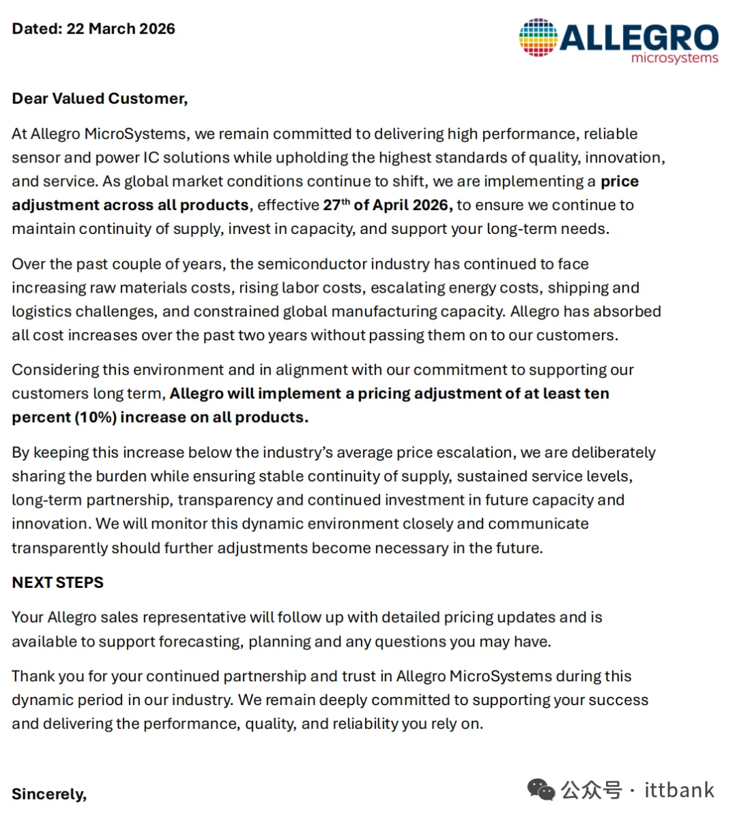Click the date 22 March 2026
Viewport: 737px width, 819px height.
coord(121,29)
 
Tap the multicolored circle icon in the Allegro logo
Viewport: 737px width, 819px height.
coord(538,38)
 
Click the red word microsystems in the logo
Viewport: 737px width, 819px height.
coord(674,59)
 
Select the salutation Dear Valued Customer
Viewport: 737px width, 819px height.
coord(100,99)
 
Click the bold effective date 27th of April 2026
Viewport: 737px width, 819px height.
coord(387,205)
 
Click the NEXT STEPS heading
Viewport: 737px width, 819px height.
coord(58,582)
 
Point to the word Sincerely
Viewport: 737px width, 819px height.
coord(49,794)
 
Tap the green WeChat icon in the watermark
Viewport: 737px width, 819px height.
coord(541,790)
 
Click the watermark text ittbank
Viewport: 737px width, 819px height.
coord(679,790)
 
